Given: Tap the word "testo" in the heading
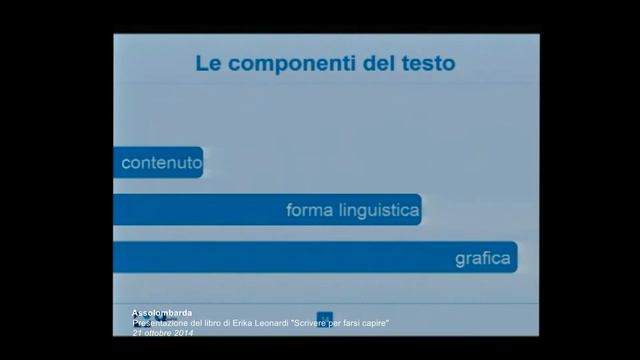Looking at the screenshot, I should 426,65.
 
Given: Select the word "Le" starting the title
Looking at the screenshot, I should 207,65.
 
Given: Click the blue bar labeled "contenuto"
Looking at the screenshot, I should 159,162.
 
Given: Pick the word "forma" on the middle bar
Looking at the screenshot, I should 308,210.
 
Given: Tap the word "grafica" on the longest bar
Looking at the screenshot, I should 483,259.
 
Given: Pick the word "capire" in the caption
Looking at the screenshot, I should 372,323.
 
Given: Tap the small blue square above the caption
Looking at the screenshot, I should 323,317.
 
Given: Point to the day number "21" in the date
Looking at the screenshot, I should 137,332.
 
